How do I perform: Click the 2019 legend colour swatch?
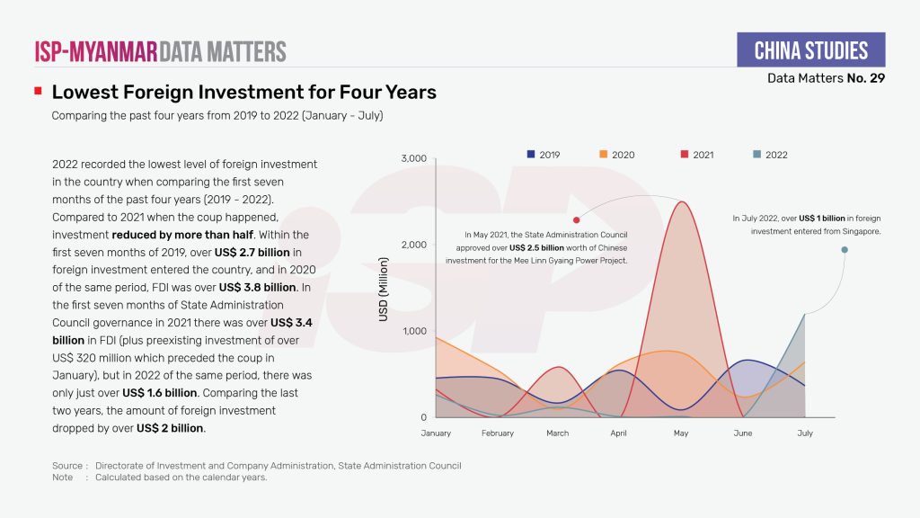[531, 155]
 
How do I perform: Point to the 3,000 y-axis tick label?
[412, 159]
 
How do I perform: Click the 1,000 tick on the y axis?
[412, 331]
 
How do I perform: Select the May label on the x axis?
[680, 433]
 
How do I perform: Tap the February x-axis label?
[497, 433]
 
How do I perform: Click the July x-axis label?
[804, 433]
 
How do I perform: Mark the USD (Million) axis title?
[384, 291]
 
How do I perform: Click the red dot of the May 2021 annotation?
[576, 219]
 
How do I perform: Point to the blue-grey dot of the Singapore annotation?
[845, 250]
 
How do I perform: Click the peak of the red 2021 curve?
[682, 201]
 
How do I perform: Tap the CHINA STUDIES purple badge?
[810, 50]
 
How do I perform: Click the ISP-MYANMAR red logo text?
[95, 51]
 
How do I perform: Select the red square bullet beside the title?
[38, 92]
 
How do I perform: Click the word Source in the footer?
[67, 466]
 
